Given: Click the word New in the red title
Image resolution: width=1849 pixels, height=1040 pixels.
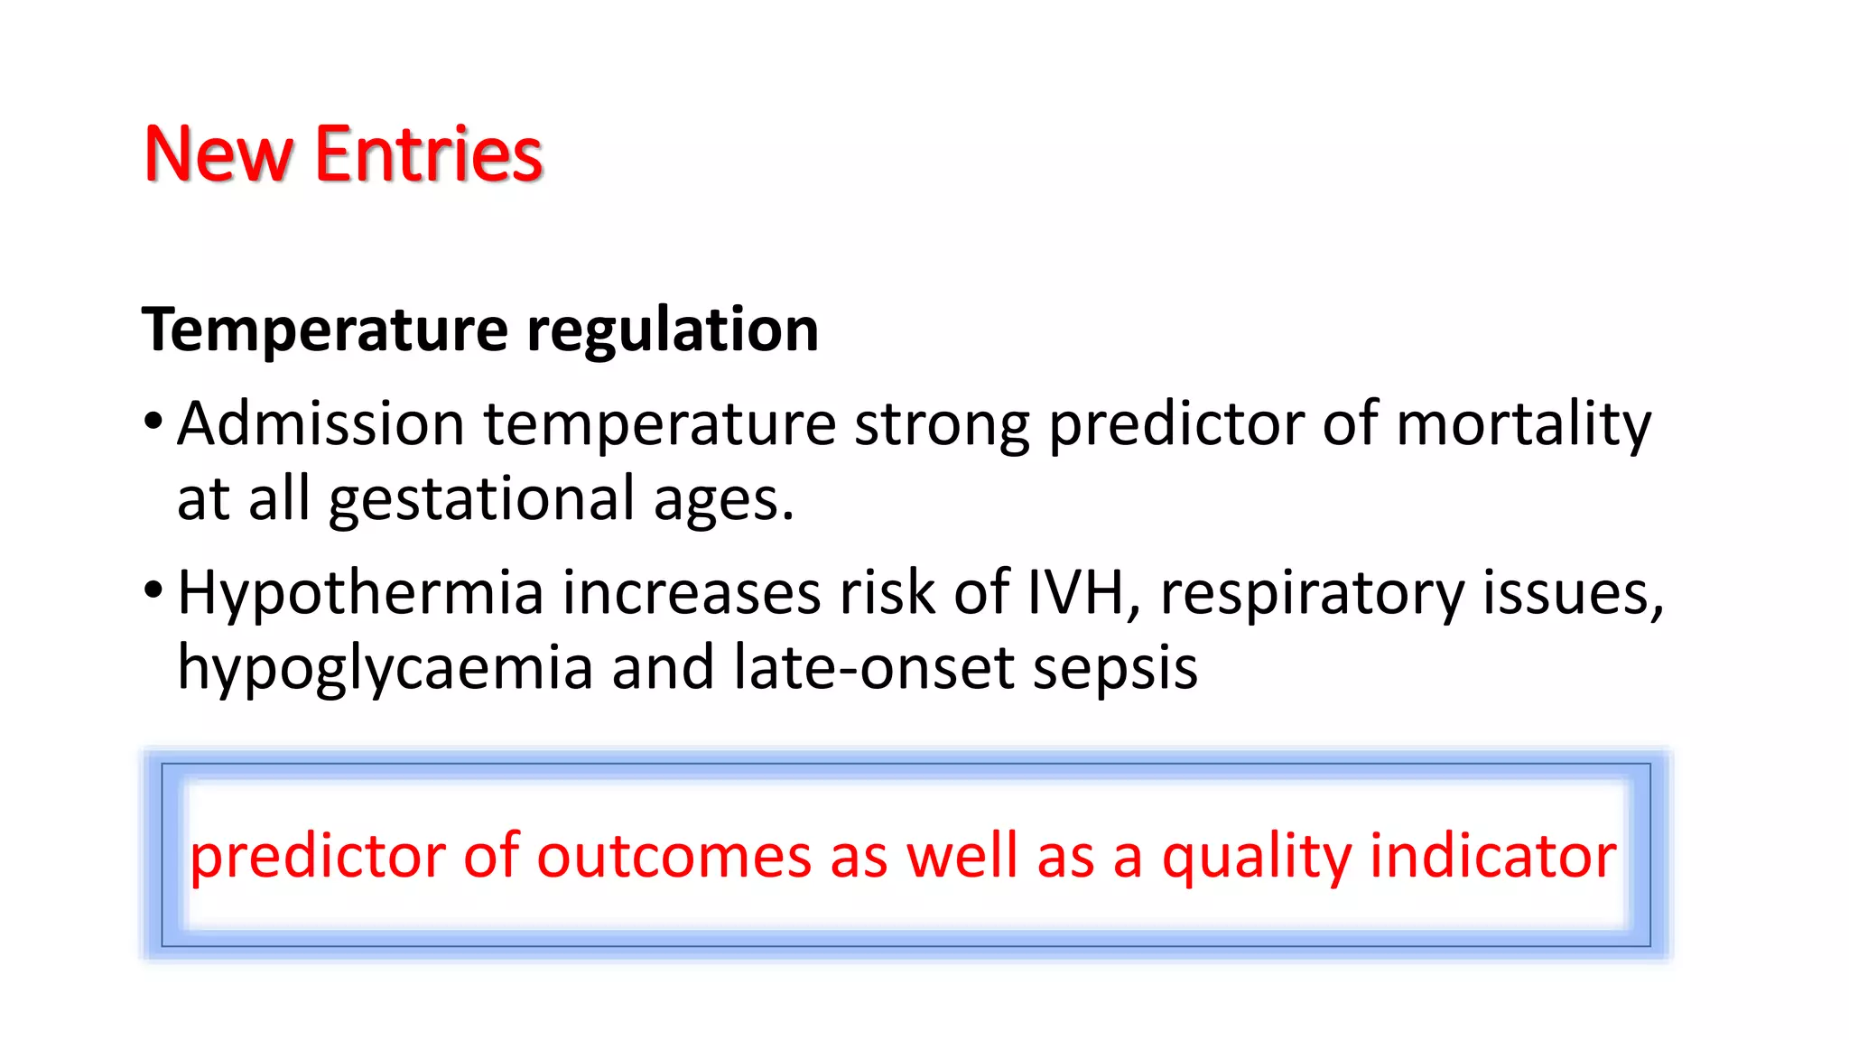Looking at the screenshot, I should pos(218,154).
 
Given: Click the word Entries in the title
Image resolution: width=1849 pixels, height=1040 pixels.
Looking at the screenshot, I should pos(428,154).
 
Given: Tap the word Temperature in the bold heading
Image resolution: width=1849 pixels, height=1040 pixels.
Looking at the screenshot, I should pos(325,330).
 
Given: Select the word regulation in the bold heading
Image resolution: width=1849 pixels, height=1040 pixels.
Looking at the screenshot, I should pos(673,330).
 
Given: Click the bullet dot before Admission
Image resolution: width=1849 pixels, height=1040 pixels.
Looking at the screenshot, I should pos(153,421).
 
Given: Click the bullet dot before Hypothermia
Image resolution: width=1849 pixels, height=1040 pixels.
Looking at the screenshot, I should pos(153,590).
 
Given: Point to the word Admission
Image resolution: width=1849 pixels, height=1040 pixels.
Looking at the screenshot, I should pos(321,423).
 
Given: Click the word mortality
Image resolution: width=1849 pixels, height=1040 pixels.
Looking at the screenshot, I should pos(1523,423).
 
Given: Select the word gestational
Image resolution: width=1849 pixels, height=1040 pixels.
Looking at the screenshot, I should pos(482,499).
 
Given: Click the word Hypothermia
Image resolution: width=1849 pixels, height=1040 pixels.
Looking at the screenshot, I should pos(360,593).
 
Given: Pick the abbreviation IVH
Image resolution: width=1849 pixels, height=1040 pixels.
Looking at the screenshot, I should pos(1075,593).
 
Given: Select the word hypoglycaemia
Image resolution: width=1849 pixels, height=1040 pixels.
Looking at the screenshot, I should pos(385,669).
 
